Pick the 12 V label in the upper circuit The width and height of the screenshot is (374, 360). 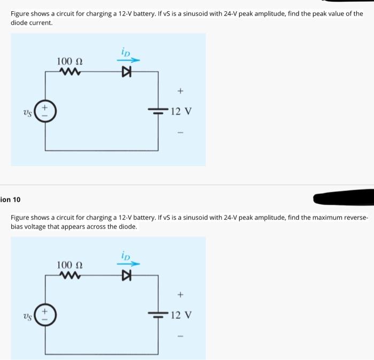click(x=182, y=112)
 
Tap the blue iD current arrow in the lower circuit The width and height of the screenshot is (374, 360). click(x=129, y=264)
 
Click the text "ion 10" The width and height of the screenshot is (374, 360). click(x=10, y=200)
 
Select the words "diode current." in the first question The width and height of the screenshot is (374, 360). click(x=32, y=23)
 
